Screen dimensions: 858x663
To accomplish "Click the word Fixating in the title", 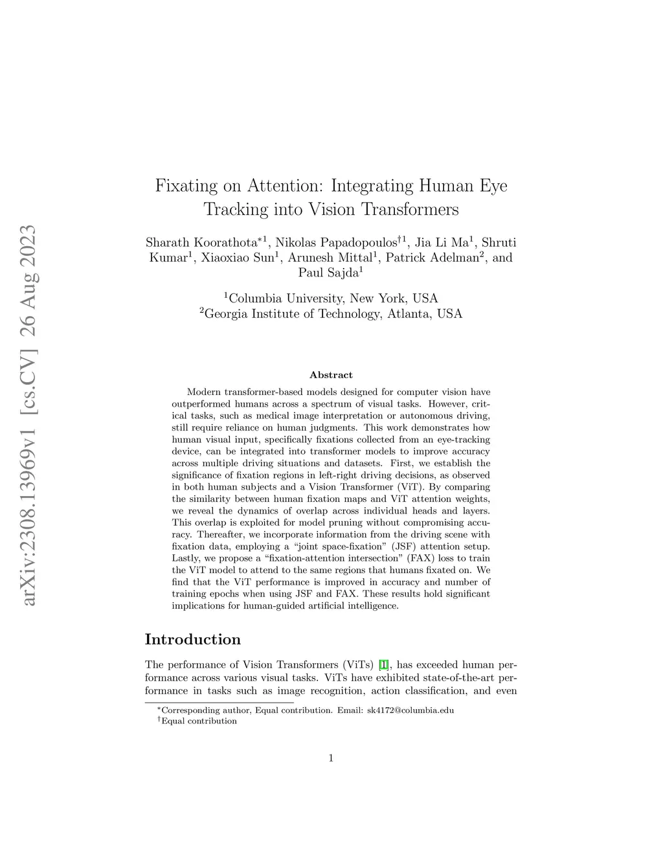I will point(186,186).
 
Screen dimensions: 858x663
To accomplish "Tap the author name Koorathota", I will point(225,243).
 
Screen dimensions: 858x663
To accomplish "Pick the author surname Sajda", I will point(339,273).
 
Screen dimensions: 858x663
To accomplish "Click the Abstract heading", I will point(331,375).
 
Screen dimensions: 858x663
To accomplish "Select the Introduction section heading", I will point(192,640).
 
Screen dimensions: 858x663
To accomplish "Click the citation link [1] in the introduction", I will point(384,665).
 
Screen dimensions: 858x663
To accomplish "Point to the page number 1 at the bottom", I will point(331,758).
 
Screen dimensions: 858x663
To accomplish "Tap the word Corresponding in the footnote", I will point(187,710).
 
